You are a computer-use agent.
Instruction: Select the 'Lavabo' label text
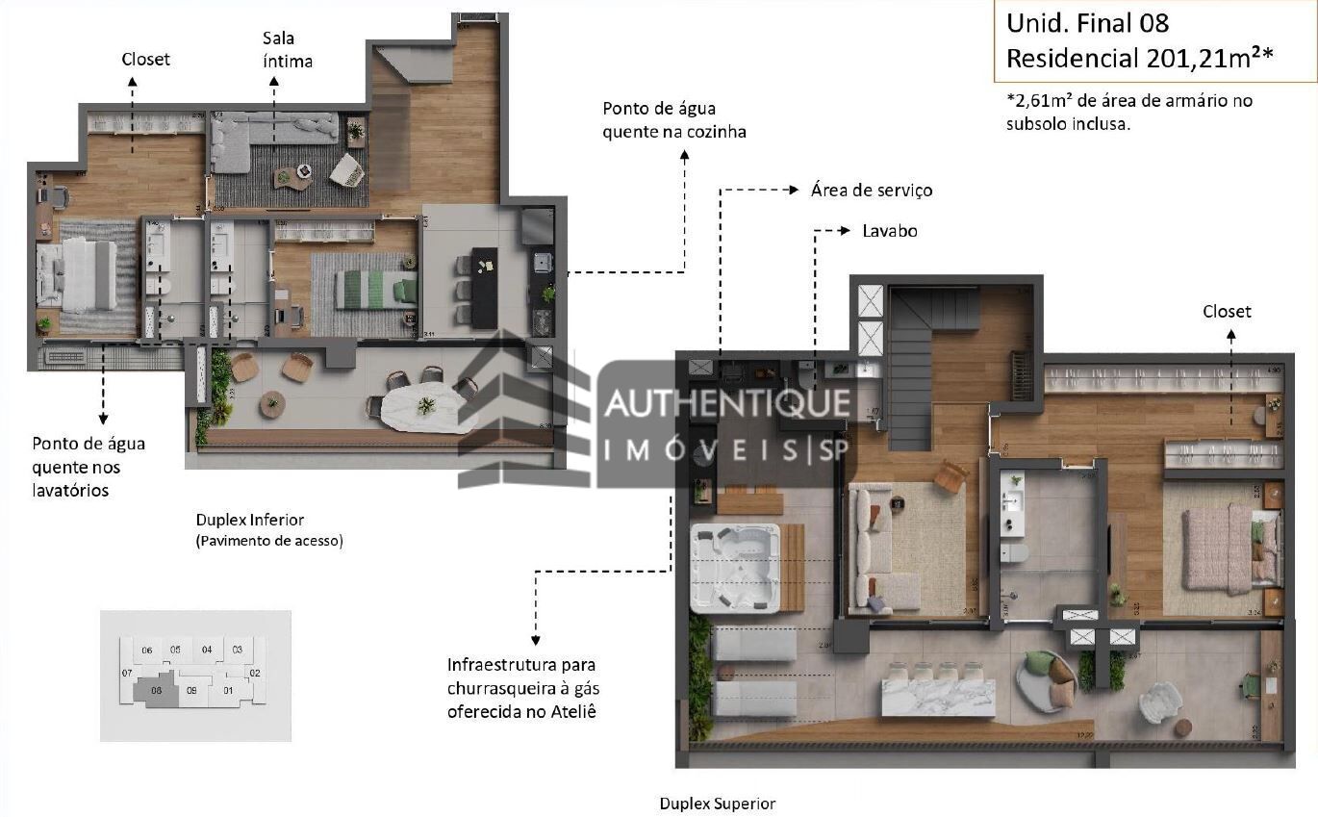click(889, 231)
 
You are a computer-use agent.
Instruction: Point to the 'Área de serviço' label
click(871, 191)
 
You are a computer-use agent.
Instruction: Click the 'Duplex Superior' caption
click(717, 803)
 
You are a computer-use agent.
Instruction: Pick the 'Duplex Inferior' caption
click(250, 520)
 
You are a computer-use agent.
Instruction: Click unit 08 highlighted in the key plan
click(156, 689)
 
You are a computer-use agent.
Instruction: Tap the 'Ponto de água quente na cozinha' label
click(673, 120)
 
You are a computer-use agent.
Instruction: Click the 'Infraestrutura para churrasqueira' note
click(521, 687)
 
